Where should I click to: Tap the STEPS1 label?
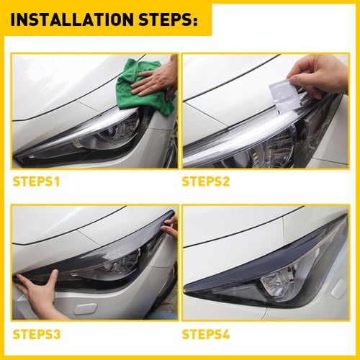[37, 181]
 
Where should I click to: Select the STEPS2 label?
[206, 181]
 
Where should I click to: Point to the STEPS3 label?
[37, 334]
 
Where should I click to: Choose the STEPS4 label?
[206, 334]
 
